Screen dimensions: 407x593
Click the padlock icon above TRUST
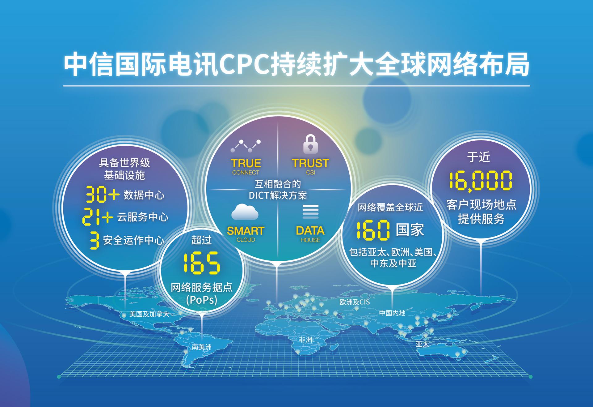pos(310,144)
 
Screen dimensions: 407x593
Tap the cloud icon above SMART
pos(245,212)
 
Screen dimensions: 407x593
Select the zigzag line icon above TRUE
pos(246,146)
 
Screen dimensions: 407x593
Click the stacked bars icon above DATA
pos(310,212)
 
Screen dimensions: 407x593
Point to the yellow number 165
pos(201,263)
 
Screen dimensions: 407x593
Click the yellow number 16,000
pos(481,181)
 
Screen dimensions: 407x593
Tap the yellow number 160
pos(373,230)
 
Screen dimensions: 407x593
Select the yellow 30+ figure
pos(102,194)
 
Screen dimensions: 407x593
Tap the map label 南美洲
pos(202,347)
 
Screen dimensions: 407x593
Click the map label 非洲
pos(305,340)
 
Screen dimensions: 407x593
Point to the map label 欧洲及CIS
pos(354,302)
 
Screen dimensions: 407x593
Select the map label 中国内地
pos(392,313)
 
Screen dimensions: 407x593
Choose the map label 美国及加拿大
pos(149,314)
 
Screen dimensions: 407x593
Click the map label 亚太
pos(422,344)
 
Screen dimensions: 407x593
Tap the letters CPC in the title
pos(244,65)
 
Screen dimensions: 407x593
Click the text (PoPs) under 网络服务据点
pos(202,300)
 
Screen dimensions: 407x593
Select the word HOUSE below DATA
pos(310,240)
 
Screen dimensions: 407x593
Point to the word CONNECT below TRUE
pos(246,173)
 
